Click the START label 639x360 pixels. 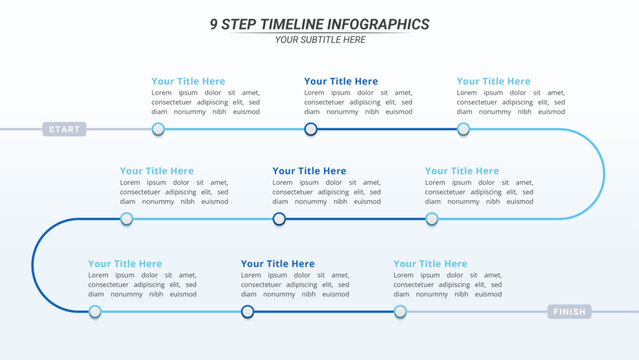[x=64, y=129]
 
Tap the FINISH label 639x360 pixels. [x=568, y=312]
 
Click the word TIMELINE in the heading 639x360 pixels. [x=298, y=24]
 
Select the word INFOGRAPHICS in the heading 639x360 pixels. [x=380, y=24]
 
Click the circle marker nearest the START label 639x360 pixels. [x=158, y=129]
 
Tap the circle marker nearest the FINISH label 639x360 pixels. [x=400, y=312]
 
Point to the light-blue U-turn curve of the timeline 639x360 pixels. [x=603, y=174]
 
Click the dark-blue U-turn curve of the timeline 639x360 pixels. [x=33, y=265]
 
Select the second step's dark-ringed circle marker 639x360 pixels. [x=311, y=129]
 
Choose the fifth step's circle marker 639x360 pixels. [x=279, y=219]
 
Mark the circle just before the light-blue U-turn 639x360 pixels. [x=463, y=129]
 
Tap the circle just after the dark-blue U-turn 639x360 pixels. [x=95, y=312]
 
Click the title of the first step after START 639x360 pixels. [x=188, y=81]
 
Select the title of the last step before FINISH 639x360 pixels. [x=430, y=264]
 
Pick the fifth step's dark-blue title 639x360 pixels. [x=309, y=171]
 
